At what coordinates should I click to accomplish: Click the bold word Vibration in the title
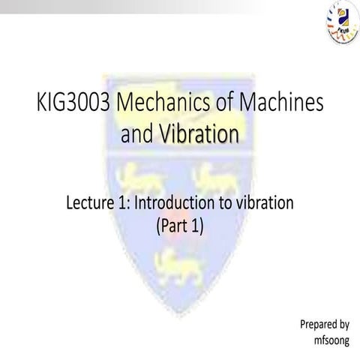point(200,136)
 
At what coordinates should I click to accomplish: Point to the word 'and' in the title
point(138,136)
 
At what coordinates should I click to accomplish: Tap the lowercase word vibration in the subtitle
point(265,203)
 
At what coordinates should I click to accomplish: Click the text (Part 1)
point(178,224)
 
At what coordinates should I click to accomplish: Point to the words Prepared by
point(325,325)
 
